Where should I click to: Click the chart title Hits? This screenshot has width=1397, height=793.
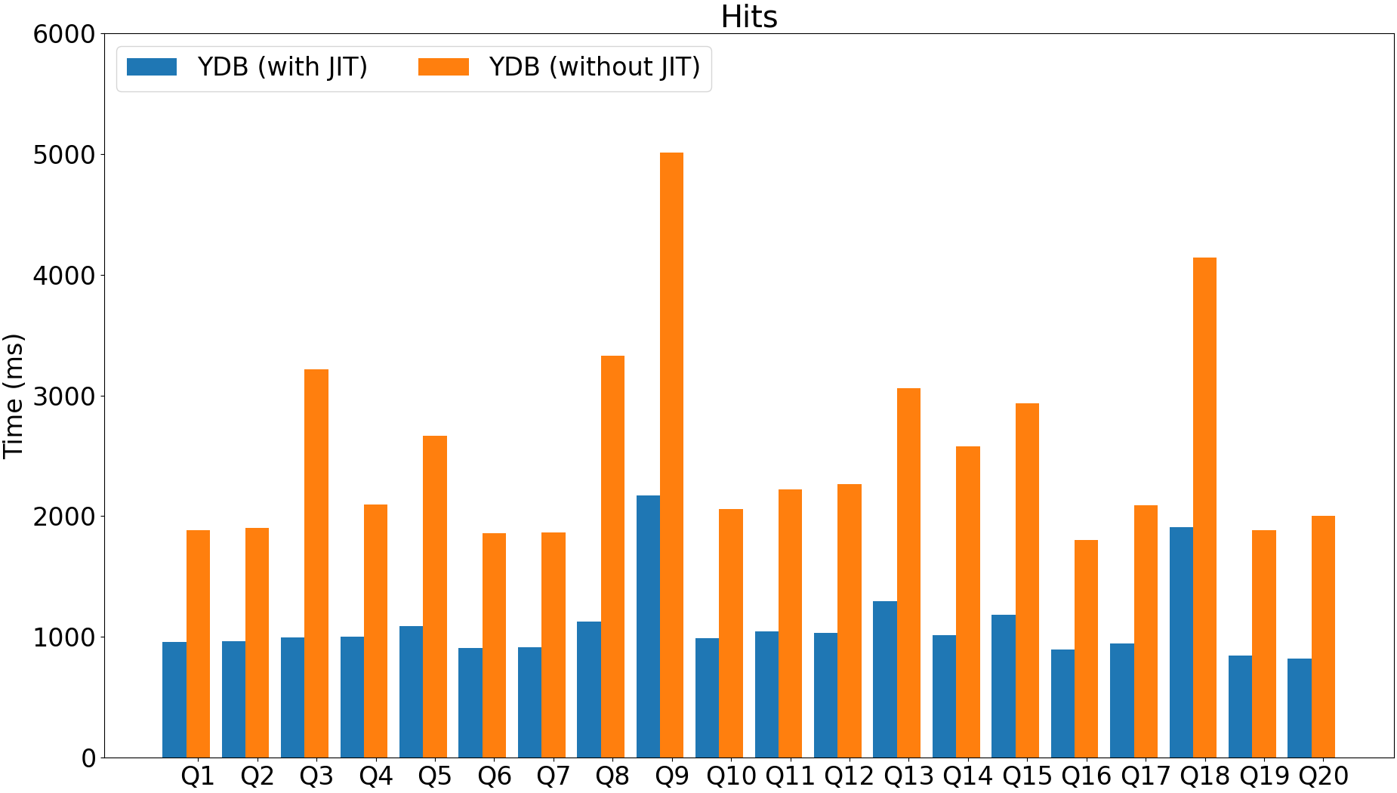[748, 17]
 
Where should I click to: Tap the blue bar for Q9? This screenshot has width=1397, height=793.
[648, 626]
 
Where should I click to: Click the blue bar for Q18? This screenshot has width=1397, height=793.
[1181, 642]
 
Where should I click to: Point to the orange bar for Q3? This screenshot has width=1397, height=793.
[316, 563]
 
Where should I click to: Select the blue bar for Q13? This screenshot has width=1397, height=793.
[885, 679]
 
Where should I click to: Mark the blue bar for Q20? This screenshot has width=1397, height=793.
[1300, 708]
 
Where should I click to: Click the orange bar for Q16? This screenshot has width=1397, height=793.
[1086, 649]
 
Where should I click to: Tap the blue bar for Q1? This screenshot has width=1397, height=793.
[174, 699]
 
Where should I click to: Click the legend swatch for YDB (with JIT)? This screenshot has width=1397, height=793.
[152, 67]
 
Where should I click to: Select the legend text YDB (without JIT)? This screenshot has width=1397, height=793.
[594, 67]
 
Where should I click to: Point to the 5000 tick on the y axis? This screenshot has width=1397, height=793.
[63, 155]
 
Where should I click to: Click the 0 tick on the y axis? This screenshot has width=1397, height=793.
[88, 758]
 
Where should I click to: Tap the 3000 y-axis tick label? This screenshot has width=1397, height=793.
[63, 396]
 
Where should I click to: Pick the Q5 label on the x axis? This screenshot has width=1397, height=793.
[435, 776]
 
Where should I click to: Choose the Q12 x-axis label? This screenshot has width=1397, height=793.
[849, 776]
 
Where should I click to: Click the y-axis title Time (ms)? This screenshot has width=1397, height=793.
[14, 395]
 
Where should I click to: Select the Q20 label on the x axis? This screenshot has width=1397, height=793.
[1323, 776]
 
